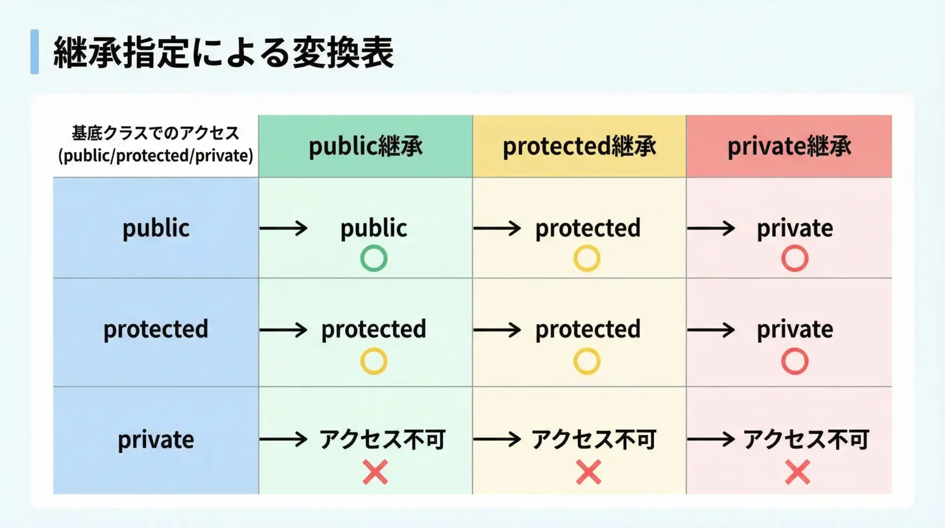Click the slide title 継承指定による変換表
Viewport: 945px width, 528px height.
tap(223, 52)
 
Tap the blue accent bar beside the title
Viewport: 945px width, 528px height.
tap(34, 52)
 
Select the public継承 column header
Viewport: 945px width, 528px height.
tap(365, 146)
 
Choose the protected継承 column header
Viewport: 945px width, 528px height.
tap(579, 146)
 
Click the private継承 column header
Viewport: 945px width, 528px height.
tap(789, 146)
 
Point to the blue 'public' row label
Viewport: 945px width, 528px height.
tap(156, 229)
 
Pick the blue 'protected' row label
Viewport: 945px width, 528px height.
tap(156, 329)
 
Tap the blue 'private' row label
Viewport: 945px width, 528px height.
tap(156, 439)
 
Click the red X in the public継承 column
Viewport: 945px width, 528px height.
tap(375, 472)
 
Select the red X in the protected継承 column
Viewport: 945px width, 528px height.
tap(588, 472)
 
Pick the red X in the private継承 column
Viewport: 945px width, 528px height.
tap(797, 472)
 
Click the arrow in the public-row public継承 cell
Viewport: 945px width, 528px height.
tap(283, 228)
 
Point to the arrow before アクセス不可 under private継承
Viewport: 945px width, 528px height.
tap(711, 439)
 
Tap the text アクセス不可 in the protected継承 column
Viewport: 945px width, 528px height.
tap(594, 439)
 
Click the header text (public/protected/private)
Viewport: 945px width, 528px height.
tap(156, 156)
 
